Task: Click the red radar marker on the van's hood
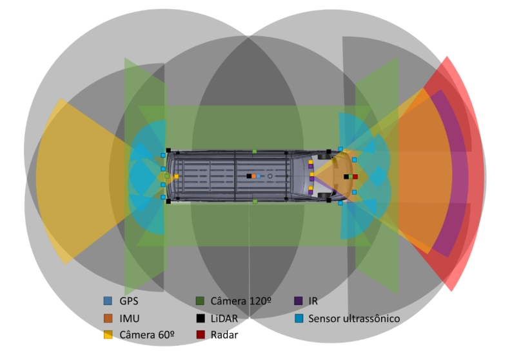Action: (x=355, y=177)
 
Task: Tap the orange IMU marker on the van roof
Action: (x=253, y=176)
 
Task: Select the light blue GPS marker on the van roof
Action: (x=259, y=176)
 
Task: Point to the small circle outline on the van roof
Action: (x=270, y=176)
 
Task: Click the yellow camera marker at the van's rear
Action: (x=176, y=176)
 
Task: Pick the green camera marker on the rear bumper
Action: (x=167, y=176)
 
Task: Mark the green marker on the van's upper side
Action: (x=255, y=151)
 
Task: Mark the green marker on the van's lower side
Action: (x=255, y=201)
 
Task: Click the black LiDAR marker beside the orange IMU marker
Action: (x=249, y=176)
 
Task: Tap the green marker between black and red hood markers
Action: (x=351, y=177)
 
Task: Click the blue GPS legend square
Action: (x=108, y=301)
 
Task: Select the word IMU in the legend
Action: (x=130, y=318)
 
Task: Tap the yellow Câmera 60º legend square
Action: (x=108, y=335)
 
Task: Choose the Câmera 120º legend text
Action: (x=241, y=301)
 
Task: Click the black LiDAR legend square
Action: (x=201, y=318)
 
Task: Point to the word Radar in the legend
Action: (x=224, y=335)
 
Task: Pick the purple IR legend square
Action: (x=299, y=301)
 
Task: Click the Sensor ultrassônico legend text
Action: (x=354, y=318)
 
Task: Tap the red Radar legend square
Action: (x=201, y=335)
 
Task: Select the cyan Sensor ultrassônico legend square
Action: (x=299, y=318)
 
